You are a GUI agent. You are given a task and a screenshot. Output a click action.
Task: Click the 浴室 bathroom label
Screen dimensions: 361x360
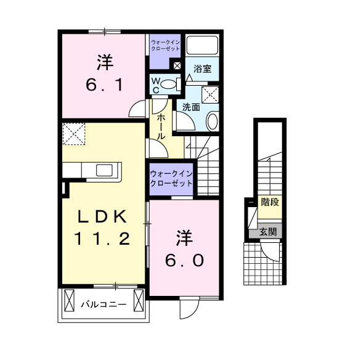[x=203, y=68]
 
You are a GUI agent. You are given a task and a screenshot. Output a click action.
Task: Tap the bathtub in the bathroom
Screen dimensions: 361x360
[x=202, y=45]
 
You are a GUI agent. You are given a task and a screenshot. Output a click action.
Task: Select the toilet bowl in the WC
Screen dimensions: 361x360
[x=168, y=84]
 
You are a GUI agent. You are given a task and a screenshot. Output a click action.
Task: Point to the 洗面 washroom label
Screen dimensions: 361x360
[x=191, y=107]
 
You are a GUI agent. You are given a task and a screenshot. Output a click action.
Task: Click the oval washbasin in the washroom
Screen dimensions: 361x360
[x=213, y=121]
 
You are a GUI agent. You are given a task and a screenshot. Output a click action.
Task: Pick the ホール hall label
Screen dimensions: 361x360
[x=161, y=127]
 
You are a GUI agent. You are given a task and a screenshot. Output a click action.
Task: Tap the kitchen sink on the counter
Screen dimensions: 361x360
[x=104, y=170]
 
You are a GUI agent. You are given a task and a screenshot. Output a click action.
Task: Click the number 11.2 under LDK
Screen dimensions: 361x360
[x=102, y=239]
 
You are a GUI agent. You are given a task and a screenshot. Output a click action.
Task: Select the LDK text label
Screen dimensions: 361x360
[x=102, y=216]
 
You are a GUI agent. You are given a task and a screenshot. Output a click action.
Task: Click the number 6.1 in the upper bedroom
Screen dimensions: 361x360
[x=104, y=84]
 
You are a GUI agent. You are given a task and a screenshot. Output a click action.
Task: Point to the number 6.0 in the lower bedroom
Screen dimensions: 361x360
[x=184, y=260]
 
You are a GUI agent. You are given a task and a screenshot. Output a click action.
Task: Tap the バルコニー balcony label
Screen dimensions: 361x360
[x=103, y=305]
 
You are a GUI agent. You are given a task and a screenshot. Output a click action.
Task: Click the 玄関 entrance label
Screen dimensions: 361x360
[x=268, y=232]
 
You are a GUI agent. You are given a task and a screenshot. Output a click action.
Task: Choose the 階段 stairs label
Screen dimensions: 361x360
[x=270, y=202]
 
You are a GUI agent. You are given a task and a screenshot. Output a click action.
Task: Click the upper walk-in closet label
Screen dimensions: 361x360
[x=165, y=46]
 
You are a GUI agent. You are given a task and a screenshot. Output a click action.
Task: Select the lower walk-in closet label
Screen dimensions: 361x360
[x=171, y=179]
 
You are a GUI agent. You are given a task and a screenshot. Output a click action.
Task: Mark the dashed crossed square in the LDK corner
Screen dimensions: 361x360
[x=74, y=134]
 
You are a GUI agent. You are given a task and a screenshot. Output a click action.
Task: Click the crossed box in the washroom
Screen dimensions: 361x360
[x=210, y=95]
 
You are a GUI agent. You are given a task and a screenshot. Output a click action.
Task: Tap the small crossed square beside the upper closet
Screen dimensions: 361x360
[x=177, y=66]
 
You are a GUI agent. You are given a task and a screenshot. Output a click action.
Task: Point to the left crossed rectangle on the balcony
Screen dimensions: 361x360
[x=69, y=300]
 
